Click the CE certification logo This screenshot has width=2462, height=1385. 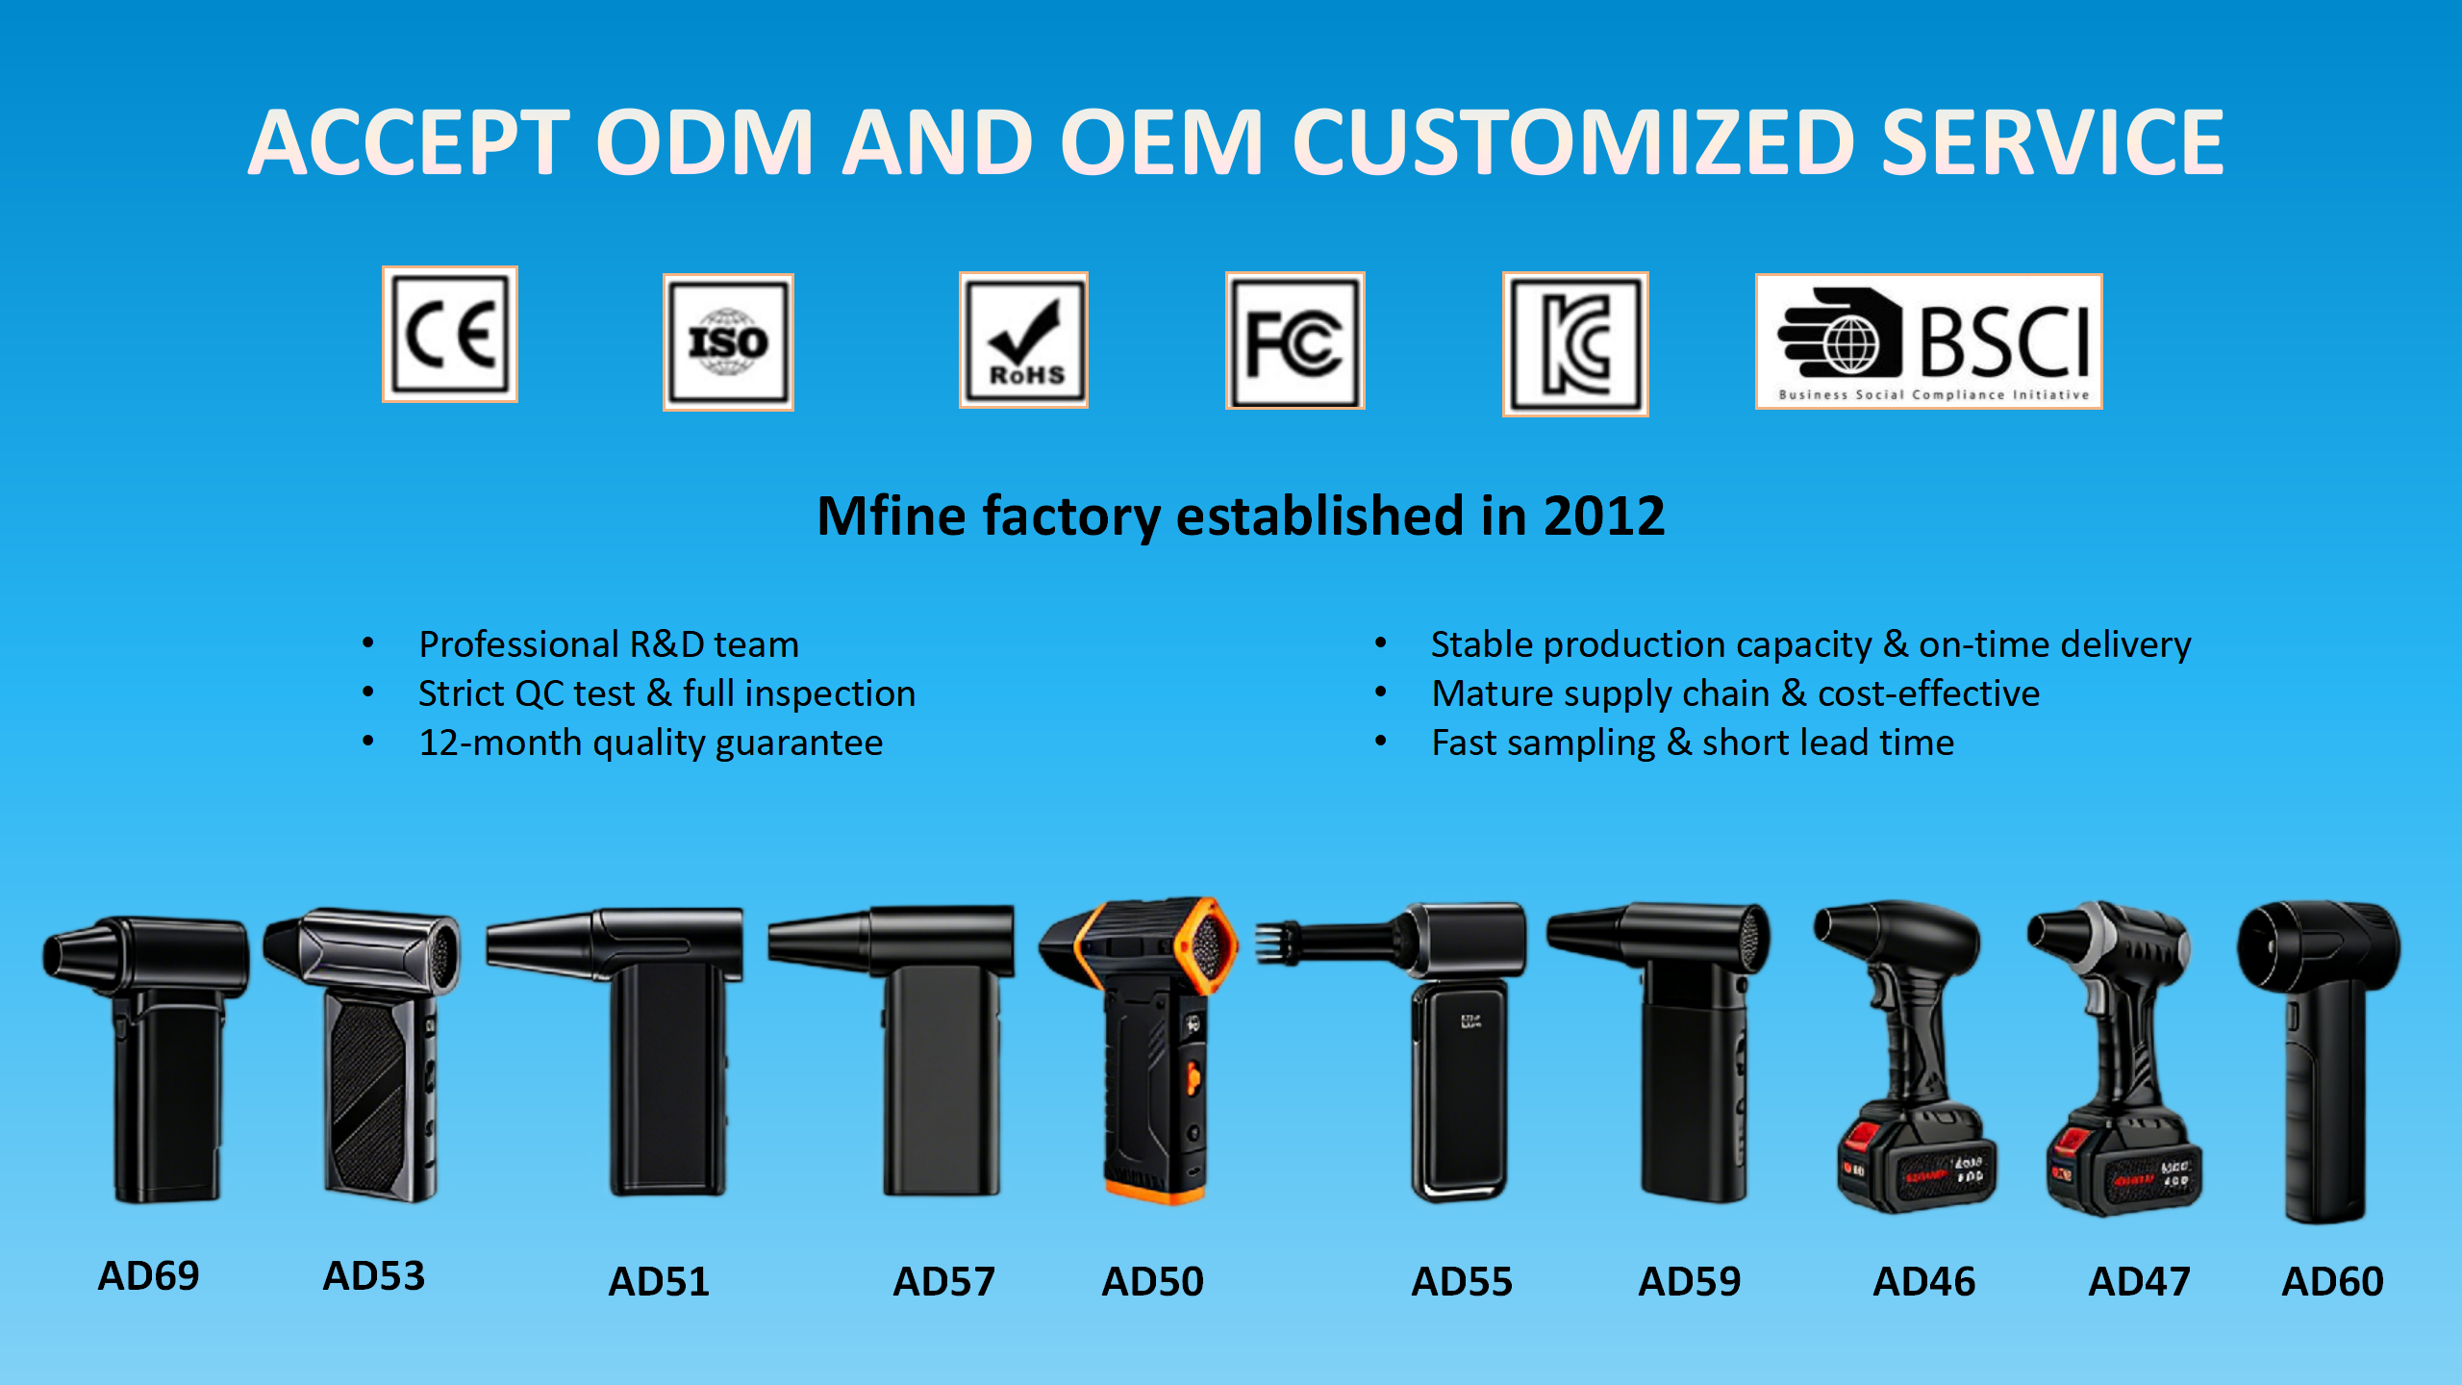(x=450, y=334)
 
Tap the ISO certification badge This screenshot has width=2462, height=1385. (x=728, y=341)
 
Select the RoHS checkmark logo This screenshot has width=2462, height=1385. (x=1023, y=340)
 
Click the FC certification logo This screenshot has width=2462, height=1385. (x=1294, y=340)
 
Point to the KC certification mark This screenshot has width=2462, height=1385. (x=1575, y=343)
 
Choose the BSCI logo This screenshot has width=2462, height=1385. (x=1928, y=341)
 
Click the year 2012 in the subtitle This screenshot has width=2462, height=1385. (x=1603, y=516)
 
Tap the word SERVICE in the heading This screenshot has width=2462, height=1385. (x=2052, y=142)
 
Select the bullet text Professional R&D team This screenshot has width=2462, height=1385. (x=609, y=644)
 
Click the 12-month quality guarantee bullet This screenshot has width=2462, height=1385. (x=650, y=743)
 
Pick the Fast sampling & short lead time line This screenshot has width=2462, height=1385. (x=1693, y=743)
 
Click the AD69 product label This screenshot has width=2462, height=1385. (x=148, y=1276)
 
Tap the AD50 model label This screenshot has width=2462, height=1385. (x=1152, y=1281)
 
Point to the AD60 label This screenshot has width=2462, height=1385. (x=2332, y=1281)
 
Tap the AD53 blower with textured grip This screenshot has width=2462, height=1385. (x=364, y=1054)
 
